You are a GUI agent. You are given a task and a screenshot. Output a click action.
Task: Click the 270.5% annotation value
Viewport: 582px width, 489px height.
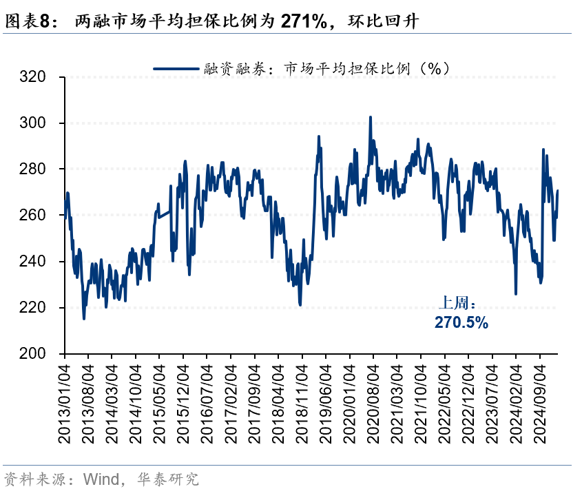(461, 322)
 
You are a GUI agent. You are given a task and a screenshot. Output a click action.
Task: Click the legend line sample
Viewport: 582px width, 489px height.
(176, 68)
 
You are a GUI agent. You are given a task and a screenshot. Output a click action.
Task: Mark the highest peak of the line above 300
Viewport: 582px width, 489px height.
(371, 117)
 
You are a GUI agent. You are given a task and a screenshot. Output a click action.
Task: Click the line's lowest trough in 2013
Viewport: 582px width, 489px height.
(84, 318)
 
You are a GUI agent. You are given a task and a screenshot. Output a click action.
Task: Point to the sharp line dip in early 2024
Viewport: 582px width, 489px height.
(515, 294)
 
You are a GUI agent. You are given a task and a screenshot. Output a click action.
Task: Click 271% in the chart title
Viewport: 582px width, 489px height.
(303, 21)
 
